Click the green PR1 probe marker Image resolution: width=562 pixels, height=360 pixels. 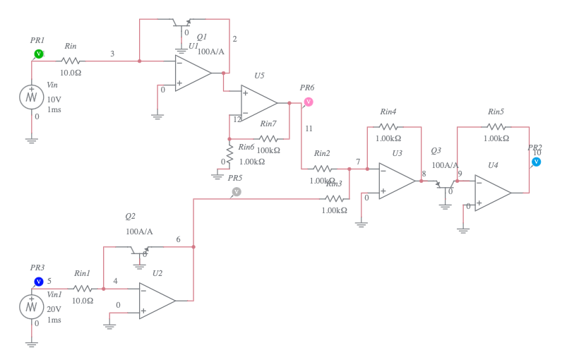click(39, 54)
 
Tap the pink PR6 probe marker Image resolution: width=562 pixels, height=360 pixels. click(308, 102)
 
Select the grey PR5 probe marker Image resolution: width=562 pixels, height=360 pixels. click(237, 191)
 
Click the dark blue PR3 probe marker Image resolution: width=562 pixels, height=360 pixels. click(39, 282)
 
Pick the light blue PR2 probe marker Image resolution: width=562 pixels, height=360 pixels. click(536, 162)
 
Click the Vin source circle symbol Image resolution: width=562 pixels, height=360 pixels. click(31, 97)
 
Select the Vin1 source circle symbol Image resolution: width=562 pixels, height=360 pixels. click(31, 306)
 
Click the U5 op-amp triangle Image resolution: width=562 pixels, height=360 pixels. click(258, 103)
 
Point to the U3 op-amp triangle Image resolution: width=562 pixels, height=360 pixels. click(396, 181)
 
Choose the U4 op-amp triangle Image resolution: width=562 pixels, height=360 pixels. click(492, 193)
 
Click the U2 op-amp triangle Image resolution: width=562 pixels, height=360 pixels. click(156, 301)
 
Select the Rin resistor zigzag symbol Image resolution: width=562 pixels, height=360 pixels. click(71, 61)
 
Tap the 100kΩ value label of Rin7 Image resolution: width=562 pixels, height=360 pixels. click(268, 150)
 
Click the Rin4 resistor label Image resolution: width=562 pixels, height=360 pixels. click(388, 112)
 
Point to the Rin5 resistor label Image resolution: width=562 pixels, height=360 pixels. click(496, 112)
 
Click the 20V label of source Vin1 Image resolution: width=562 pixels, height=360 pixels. click(54, 308)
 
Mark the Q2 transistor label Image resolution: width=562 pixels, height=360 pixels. click(130, 216)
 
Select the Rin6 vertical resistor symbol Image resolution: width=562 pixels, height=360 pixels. click(229, 152)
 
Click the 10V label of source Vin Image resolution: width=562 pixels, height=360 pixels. click(54, 100)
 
